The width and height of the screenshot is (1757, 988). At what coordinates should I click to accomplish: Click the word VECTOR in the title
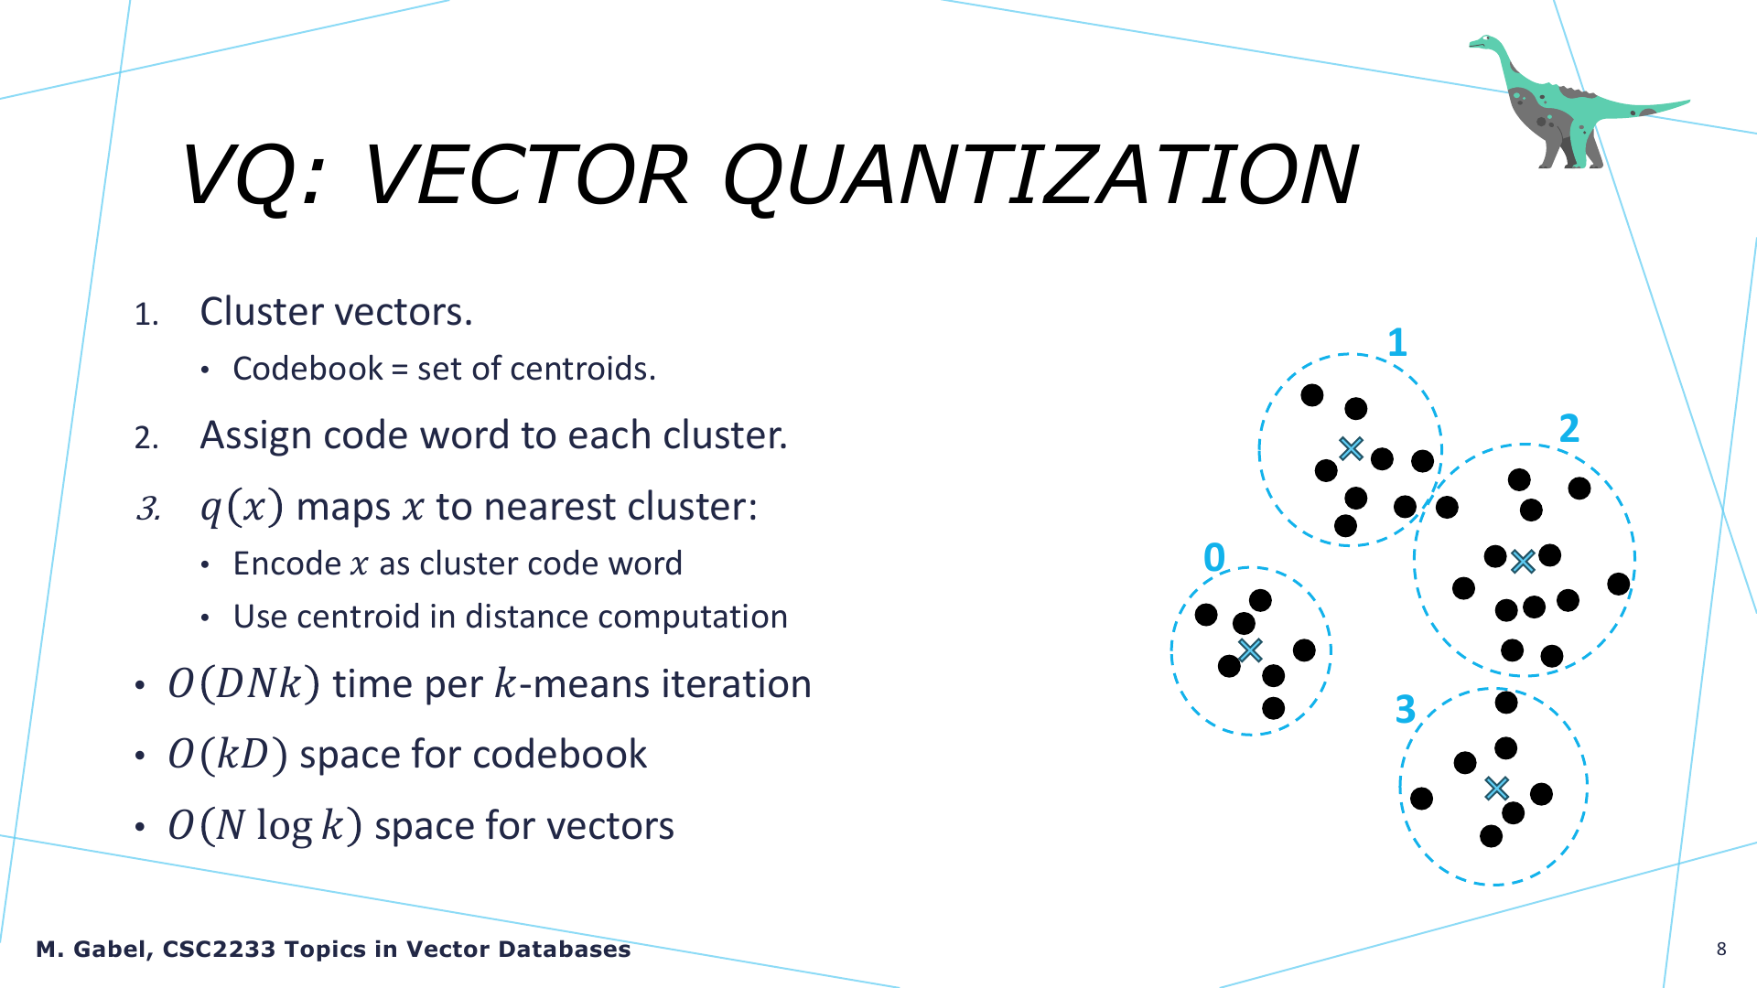click(x=525, y=175)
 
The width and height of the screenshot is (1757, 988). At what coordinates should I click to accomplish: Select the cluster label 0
click(x=1214, y=557)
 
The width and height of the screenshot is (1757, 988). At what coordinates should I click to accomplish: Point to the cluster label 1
click(x=1396, y=343)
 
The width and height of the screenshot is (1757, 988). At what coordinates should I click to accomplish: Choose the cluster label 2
click(x=1569, y=428)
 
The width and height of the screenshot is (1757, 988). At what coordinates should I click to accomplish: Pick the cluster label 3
click(x=1406, y=709)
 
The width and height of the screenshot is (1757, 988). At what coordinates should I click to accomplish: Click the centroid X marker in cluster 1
click(x=1351, y=448)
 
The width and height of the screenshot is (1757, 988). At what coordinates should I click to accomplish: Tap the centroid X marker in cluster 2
click(x=1523, y=561)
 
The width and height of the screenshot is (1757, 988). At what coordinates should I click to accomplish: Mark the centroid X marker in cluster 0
click(x=1250, y=650)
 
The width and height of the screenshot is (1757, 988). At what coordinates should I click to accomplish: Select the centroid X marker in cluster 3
click(x=1496, y=788)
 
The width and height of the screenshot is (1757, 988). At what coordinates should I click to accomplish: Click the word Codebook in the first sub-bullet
click(x=308, y=369)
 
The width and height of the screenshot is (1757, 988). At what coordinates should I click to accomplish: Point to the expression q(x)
click(x=242, y=507)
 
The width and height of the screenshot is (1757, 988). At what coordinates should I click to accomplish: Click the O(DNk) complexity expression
click(x=244, y=684)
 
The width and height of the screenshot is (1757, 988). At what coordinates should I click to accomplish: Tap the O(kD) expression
click(x=228, y=755)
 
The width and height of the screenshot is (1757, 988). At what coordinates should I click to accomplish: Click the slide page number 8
click(x=1721, y=949)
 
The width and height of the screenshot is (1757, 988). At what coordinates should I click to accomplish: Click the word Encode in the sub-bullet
click(x=287, y=564)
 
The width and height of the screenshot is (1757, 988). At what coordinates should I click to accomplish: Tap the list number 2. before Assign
click(x=146, y=438)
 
